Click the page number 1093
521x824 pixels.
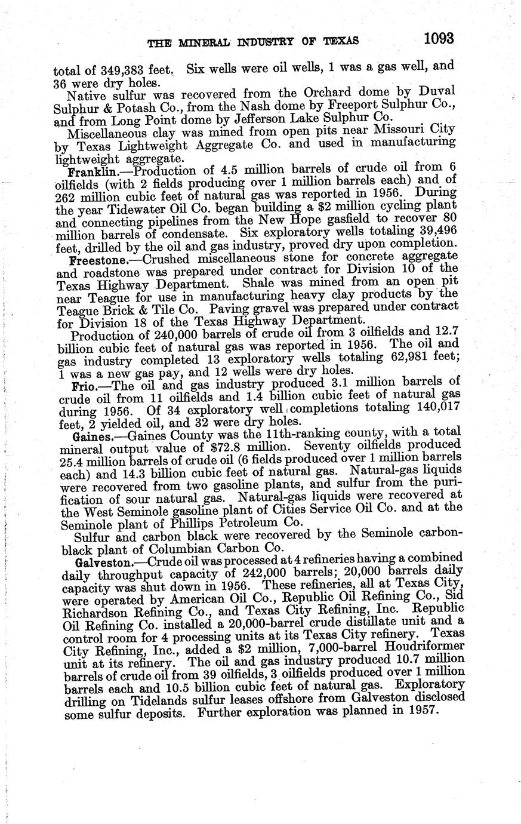[x=439, y=39]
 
